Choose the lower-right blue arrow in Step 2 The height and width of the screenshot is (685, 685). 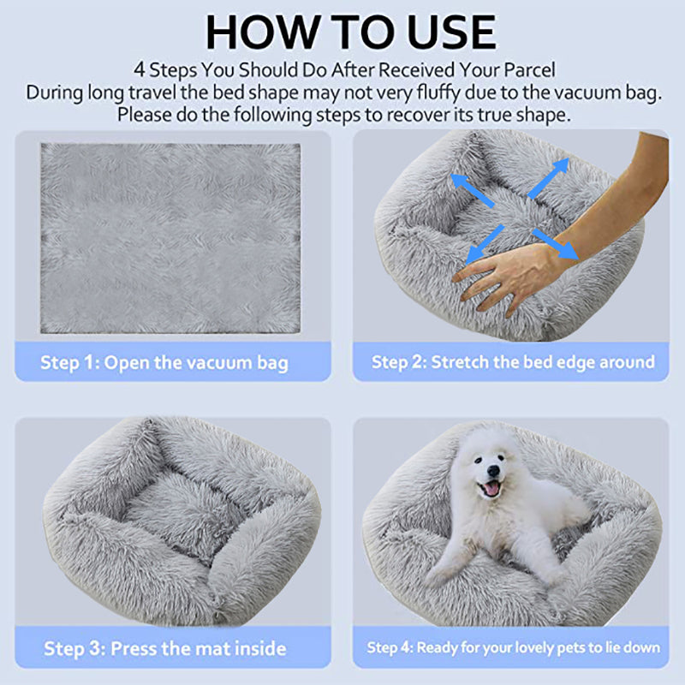click(x=557, y=244)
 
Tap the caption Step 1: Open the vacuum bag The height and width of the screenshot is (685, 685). click(x=164, y=362)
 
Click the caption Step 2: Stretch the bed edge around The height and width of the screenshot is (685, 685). click(x=512, y=361)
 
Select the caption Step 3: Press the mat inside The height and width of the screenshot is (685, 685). click(x=164, y=647)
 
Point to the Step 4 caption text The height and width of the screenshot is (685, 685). click(x=513, y=647)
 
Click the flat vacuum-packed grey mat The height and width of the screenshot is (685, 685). click(x=170, y=238)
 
